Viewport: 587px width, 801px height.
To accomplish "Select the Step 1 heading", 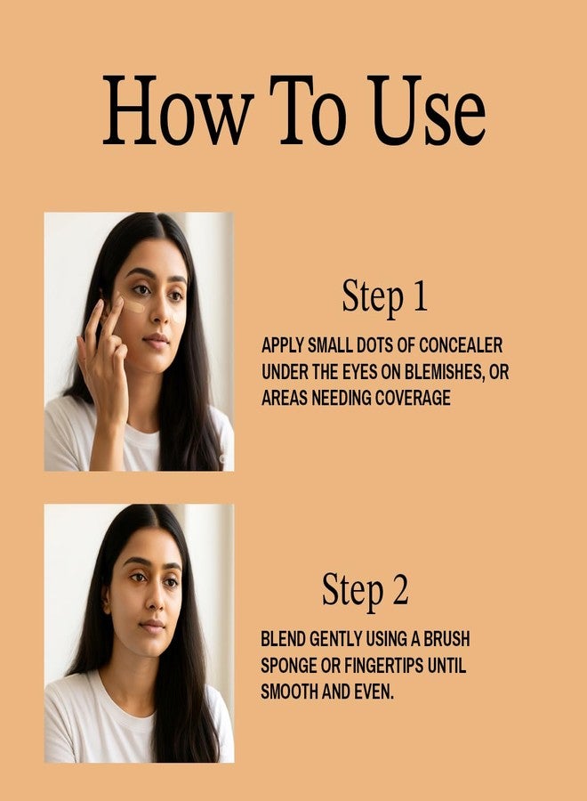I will (384, 297).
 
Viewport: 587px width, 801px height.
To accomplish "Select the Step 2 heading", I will (365, 590).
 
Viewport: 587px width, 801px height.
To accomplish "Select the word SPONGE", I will (289, 666).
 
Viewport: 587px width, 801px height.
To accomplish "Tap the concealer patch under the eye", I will (134, 306).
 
